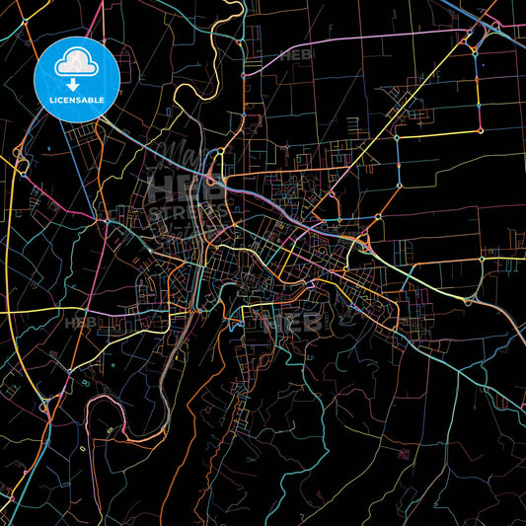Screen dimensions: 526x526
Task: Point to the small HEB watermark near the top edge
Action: click(295, 55)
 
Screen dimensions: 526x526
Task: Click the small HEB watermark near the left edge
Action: click(79, 322)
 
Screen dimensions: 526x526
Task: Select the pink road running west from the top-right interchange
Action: click(375, 40)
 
